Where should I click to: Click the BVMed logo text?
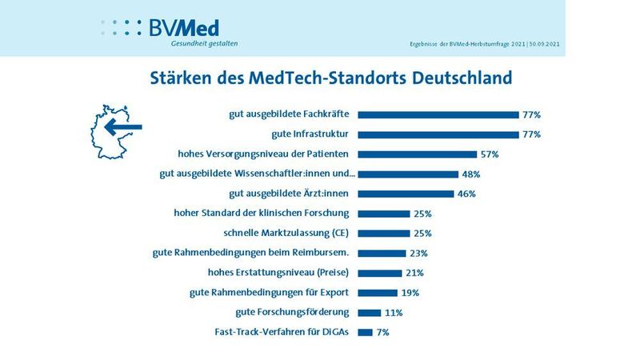(x=184, y=27)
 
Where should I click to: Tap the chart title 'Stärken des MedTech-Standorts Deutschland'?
(x=331, y=79)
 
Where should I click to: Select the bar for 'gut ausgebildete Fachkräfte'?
(x=438, y=114)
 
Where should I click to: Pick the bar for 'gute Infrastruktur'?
(x=438, y=134)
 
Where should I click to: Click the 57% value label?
(x=489, y=154)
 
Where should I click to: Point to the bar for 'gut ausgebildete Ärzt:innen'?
(x=406, y=194)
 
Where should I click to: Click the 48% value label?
(x=470, y=174)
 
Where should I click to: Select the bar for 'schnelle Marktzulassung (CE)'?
(x=383, y=234)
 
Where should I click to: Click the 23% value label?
(x=418, y=253)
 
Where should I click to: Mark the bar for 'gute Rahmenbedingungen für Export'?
(x=378, y=292)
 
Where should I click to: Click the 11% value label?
(x=394, y=312)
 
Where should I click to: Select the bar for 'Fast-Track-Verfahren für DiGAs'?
(x=365, y=332)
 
